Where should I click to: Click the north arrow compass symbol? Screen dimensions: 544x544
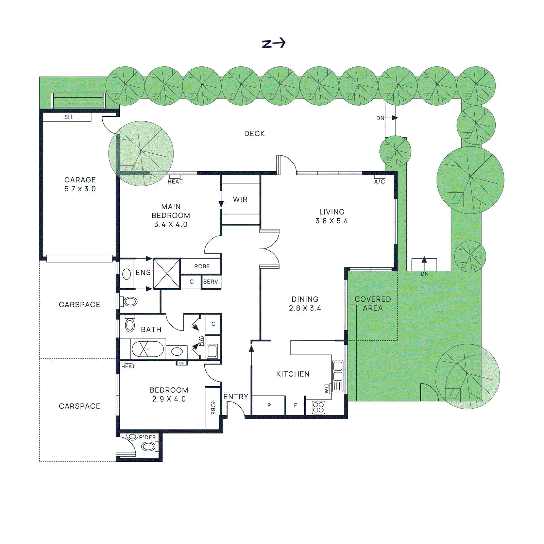tap(274, 44)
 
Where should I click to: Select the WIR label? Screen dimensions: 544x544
tap(240, 200)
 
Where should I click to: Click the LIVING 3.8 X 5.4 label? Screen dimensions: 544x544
tap(331, 216)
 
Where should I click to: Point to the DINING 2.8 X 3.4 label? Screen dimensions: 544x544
tap(305, 304)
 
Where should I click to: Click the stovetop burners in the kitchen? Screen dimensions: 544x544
tap(318, 407)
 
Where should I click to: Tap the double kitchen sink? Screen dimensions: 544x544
tap(338, 371)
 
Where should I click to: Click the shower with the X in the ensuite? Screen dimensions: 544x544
tap(167, 274)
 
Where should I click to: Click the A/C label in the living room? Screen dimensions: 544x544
tap(379, 182)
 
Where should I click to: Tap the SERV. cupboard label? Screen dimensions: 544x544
tap(211, 282)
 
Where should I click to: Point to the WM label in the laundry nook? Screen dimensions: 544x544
tap(201, 341)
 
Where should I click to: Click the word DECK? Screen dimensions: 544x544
tap(254, 134)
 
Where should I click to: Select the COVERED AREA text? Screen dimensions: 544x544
tap(373, 304)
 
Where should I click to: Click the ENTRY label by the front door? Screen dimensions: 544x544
tap(236, 397)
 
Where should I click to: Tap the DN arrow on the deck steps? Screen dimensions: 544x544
tap(394, 118)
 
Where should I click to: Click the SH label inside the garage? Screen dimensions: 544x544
tap(68, 117)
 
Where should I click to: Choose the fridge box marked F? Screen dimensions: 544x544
tap(295, 405)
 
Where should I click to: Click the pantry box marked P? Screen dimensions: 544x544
tap(269, 405)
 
